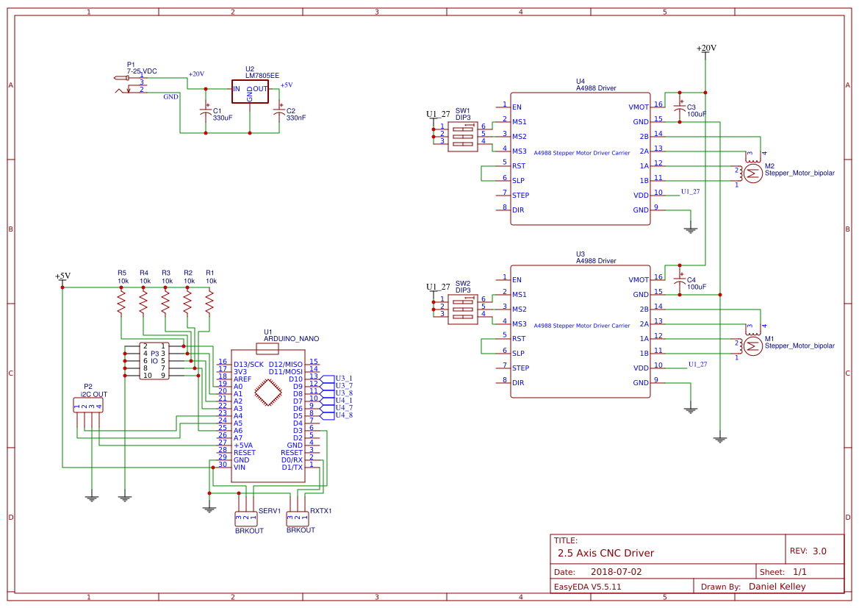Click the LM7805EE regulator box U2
coord(250,92)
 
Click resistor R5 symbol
coord(121,301)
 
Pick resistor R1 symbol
coord(209,301)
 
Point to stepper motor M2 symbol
coord(752,173)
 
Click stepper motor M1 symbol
coord(752,346)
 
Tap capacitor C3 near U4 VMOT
coord(680,108)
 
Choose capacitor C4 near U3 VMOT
coord(680,281)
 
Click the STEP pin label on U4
coord(520,196)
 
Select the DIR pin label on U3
coord(518,383)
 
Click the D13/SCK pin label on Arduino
coord(248,365)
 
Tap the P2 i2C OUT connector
coord(88,406)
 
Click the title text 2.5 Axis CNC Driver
coord(605,553)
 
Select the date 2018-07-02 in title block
coord(616,571)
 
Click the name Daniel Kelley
coord(777,587)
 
